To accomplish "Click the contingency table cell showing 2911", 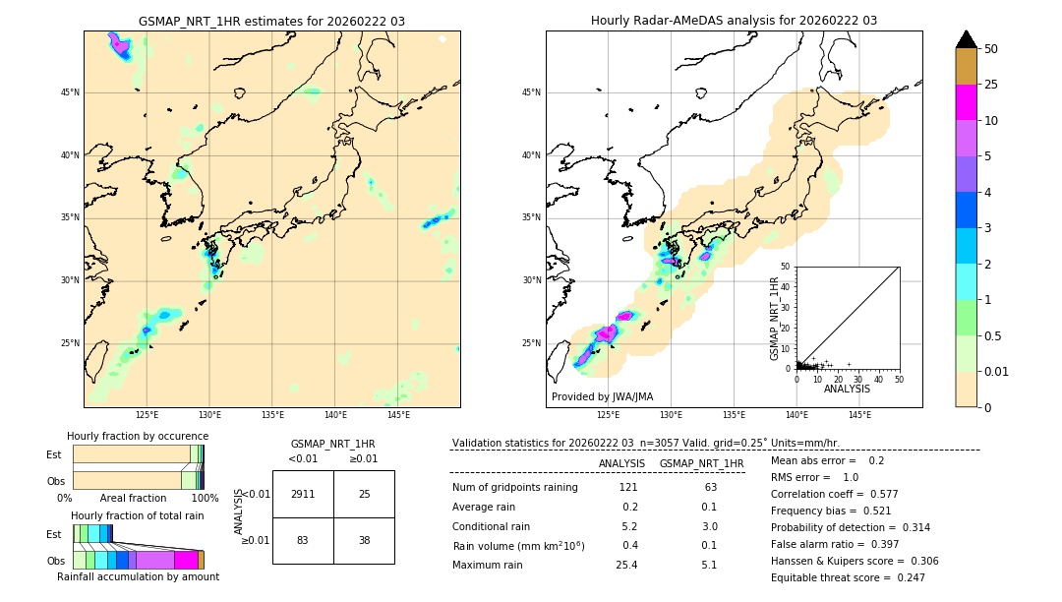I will point(303,494).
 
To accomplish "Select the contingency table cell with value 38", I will point(364,540).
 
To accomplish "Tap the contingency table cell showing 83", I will point(303,540).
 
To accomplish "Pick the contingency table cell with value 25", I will point(364,494).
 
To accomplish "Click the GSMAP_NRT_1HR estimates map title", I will point(271,21).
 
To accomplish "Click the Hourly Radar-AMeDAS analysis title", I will point(734,21).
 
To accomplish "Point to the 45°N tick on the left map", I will point(70,92).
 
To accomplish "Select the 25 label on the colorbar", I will point(991,85).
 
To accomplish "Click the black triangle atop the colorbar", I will point(967,39).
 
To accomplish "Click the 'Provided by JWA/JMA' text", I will point(602,396).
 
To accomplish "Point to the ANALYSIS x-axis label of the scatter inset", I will point(847,389).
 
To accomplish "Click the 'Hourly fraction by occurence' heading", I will point(138,436).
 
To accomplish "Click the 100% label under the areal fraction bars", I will point(205,499).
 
